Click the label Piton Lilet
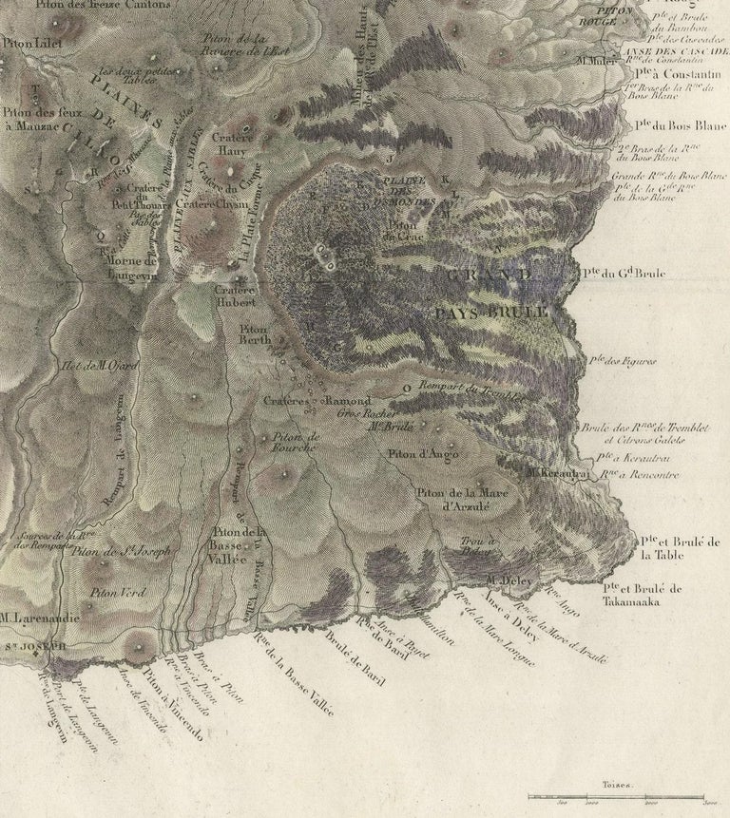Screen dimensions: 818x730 tap(29, 43)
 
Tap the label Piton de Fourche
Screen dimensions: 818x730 tap(296, 442)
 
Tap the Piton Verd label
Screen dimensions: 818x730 tap(118, 593)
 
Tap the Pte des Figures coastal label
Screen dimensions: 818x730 tap(622, 361)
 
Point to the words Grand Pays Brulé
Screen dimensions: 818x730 tap(491, 294)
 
